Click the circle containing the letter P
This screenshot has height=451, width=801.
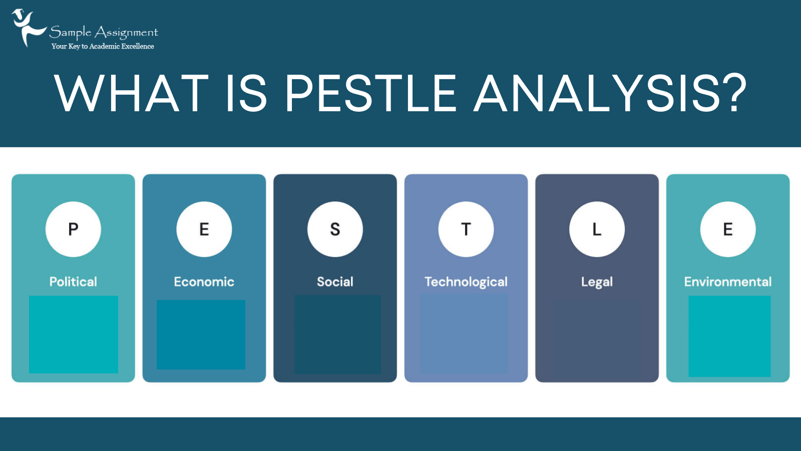click(73, 229)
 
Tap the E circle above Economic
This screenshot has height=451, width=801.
click(204, 229)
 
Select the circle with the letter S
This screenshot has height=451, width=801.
click(335, 229)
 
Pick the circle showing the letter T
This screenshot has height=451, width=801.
click(466, 229)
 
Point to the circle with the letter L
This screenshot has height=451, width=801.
click(597, 229)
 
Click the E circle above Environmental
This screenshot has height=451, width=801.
click(728, 229)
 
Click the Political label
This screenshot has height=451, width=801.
click(73, 282)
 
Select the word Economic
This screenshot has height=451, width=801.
click(204, 282)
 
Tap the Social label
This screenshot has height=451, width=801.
click(335, 282)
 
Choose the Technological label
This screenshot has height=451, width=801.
click(466, 282)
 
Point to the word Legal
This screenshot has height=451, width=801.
click(597, 282)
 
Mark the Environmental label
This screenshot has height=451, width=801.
click(728, 282)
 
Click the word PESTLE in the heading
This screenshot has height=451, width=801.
click(370, 93)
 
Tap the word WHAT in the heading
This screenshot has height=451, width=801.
click(131, 93)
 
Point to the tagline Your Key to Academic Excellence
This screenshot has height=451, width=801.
click(103, 46)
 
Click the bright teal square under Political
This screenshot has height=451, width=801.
click(74, 334)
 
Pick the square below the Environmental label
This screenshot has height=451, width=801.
click(729, 336)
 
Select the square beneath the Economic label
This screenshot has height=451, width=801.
click(201, 334)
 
